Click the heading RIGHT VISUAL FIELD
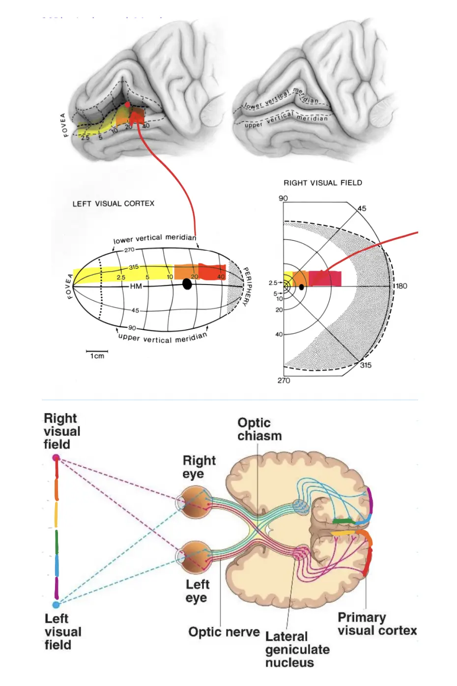[x=322, y=183]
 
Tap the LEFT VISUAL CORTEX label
[x=114, y=203]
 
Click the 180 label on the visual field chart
[x=401, y=286]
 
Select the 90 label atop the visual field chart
[x=283, y=198]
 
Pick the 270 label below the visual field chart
[x=284, y=380]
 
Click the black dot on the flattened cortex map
[x=187, y=284]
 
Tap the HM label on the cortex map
[x=136, y=286]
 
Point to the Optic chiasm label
[x=259, y=429]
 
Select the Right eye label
[x=199, y=467]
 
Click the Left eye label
[x=197, y=591]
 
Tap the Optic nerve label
[x=224, y=632]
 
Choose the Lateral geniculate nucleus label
[x=297, y=649]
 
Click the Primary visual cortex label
[x=376, y=624]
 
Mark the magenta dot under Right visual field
[x=56, y=458]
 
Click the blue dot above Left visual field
[x=56, y=604]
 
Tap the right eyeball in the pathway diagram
[x=196, y=502]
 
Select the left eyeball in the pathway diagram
[x=195, y=557]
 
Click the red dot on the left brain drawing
[x=128, y=105]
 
